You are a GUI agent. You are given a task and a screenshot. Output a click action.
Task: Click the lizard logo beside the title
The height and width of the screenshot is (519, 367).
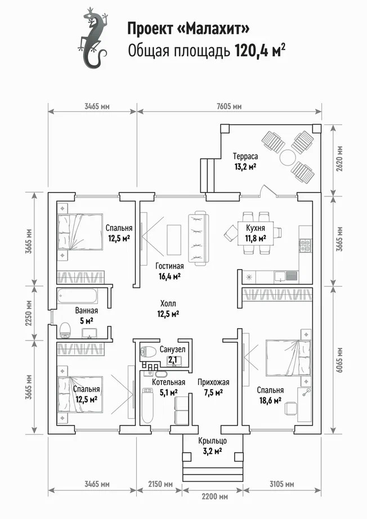click(x=93, y=38)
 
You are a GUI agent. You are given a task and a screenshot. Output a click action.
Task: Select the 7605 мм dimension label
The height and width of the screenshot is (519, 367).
click(x=229, y=106)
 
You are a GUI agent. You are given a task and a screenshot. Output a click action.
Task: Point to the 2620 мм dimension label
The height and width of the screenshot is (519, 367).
click(x=339, y=159)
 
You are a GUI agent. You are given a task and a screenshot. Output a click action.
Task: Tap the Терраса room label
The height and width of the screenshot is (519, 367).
click(x=245, y=156)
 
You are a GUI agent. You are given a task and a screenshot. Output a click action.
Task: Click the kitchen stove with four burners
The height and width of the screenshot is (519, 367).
click(x=305, y=244)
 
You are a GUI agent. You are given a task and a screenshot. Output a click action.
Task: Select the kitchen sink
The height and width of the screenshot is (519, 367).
click(x=280, y=276)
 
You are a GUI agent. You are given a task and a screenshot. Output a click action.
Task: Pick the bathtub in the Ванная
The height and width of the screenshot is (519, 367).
click(x=78, y=296)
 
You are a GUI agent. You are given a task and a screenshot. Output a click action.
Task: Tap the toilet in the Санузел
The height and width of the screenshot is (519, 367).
click(x=148, y=351)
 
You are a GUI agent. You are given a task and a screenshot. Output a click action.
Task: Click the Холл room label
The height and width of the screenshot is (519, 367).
click(x=168, y=303)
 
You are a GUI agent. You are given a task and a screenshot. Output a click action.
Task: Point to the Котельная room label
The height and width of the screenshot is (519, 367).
click(x=168, y=382)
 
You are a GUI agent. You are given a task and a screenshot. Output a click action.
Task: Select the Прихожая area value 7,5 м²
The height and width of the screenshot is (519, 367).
click(x=213, y=392)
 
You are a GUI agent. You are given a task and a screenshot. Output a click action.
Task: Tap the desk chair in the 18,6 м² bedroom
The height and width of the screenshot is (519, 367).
click(x=291, y=408)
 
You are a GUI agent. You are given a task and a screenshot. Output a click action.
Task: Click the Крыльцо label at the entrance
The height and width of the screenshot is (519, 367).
click(x=212, y=441)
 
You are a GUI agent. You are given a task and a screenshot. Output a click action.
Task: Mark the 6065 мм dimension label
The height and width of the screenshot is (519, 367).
click(x=339, y=360)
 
